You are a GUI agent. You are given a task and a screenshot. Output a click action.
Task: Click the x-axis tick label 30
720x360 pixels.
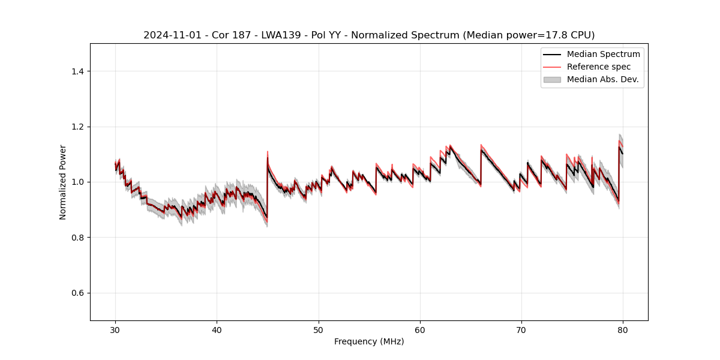click(x=115, y=329)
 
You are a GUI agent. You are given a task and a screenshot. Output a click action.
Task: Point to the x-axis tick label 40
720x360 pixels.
click(x=217, y=329)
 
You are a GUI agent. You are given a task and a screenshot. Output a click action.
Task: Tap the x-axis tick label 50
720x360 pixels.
click(x=319, y=329)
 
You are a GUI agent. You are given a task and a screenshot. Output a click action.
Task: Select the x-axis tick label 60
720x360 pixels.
click(x=420, y=329)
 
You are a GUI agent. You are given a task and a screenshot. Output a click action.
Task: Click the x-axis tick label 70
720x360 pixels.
click(x=521, y=329)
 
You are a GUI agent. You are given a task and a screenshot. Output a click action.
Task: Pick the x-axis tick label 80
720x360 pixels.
click(x=623, y=329)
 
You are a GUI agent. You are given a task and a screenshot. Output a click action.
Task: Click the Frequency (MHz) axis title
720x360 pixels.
click(x=369, y=341)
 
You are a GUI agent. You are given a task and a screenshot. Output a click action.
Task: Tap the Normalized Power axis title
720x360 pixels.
click(x=63, y=182)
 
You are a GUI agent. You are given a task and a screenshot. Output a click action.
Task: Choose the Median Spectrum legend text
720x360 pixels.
click(x=603, y=54)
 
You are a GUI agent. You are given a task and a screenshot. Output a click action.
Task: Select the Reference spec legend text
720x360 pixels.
click(x=599, y=67)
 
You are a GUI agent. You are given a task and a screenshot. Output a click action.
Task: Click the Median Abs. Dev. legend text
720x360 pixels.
click(x=602, y=79)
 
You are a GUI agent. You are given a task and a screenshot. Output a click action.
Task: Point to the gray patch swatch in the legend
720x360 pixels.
click(x=552, y=79)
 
